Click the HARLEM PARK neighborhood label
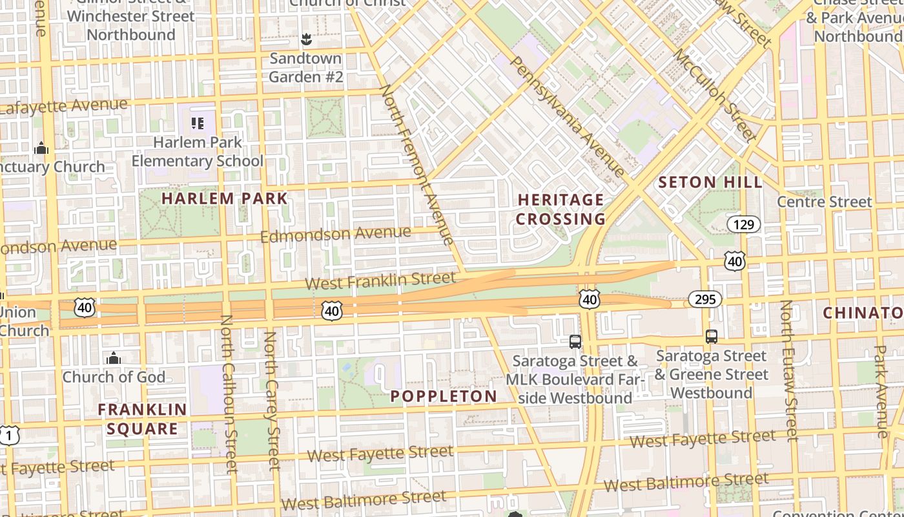coord(224,198)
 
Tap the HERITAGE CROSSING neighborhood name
coord(560,209)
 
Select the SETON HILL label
coord(710,183)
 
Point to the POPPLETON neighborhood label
coord(444,396)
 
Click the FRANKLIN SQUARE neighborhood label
coord(142,419)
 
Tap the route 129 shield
coord(743,224)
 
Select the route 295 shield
coord(704,299)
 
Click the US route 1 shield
coord(8,435)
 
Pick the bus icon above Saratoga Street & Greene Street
coord(711,337)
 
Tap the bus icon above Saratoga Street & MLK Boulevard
coord(575,341)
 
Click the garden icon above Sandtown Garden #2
coord(306,40)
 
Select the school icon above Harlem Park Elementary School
coord(197,123)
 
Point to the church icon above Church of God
coord(114,358)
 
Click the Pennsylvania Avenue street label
coord(568,116)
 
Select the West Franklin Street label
coord(380,280)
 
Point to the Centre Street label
coord(824,202)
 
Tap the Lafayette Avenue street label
coord(65,106)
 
